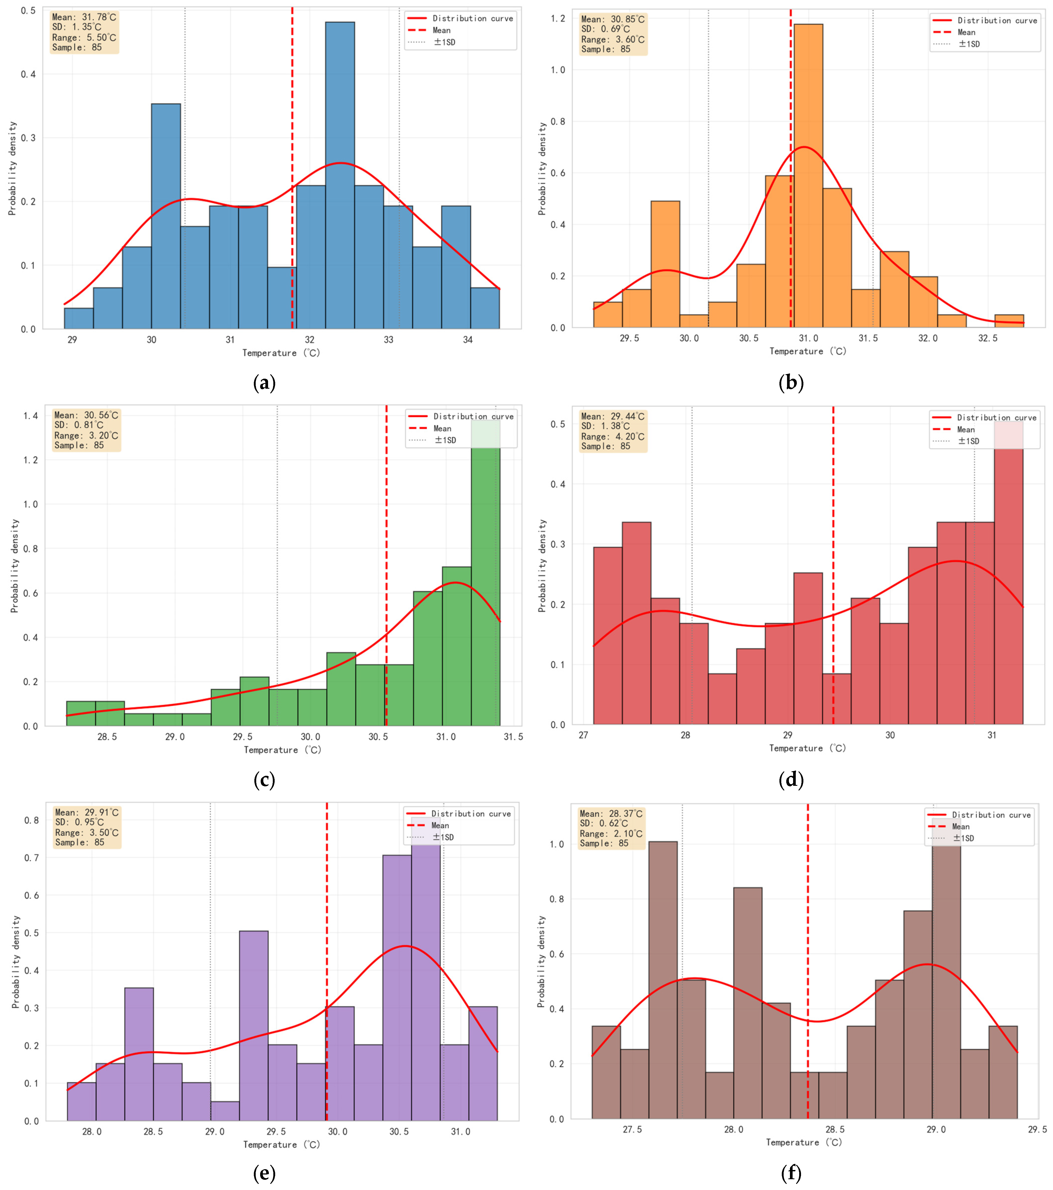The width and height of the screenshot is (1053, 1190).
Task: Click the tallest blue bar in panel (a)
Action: (340, 175)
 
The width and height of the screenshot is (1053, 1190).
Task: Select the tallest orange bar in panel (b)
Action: (808, 175)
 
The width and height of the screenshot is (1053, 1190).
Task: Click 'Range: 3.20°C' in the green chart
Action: (86, 436)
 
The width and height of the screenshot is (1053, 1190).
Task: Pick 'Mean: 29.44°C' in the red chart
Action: (613, 416)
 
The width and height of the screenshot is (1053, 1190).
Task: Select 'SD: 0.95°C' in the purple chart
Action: (79, 822)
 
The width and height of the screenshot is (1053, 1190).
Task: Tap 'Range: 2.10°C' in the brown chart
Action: (611, 834)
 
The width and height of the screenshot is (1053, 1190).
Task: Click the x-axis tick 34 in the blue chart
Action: (468, 340)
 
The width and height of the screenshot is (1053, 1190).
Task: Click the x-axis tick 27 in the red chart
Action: (583, 735)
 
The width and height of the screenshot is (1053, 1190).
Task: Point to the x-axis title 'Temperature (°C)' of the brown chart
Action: (804, 1142)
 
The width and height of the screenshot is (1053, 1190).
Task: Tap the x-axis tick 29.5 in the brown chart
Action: (1037, 1129)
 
